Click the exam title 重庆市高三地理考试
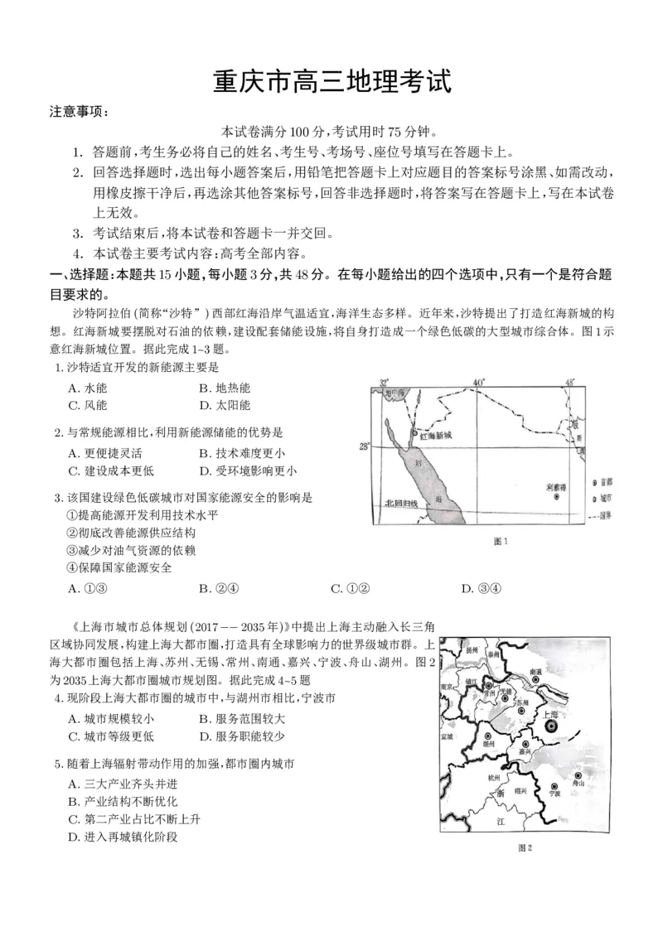click(331, 84)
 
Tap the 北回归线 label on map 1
click(401, 503)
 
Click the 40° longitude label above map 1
click(477, 382)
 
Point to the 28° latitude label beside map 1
click(363, 446)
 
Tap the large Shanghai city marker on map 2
click(550, 726)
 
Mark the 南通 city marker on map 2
click(535, 680)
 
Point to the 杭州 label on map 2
click(495, 778)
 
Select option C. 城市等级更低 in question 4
click(112, 736)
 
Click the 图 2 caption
click(523, 847)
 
